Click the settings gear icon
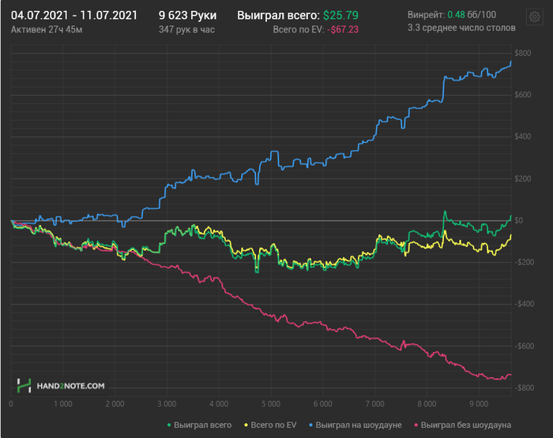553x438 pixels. pyautogui.click(x=534, y=17)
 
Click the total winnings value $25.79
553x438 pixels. pyautogui.click(x=340, y=16)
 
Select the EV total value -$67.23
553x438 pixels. pyautogui.click(x=343, y=30)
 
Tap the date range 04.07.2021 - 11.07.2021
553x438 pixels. pyautogui.click(x=74, y=16)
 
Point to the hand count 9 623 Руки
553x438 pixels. pyautogui.click(x=188, y=16)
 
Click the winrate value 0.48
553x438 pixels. pyautogui.click(x=456, y=15)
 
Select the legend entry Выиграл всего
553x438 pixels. pyautogui.click(x=200, y=425)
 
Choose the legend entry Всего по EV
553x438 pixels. pyautogui.click(x=270, y=425)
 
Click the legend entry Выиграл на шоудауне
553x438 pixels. pyautogui.click(x=355, y=425)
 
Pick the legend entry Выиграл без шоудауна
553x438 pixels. pyautogui.click(x=463, y=425)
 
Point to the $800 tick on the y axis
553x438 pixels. pyautogui.click(x=523, y=53)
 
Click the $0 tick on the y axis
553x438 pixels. pyautogui.click(x=519, y=221)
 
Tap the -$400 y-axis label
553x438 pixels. pyautogui.click(x=524, y=304)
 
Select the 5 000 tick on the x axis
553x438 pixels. pyautogui.click(x=271, y=404)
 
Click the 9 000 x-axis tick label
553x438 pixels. pyautogui.click(x=479, y=404)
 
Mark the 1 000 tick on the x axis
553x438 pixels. pyautogui.click(x=62, y=404)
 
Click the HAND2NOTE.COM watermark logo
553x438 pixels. pyautogui.click(x=61, y=386)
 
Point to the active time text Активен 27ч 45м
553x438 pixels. pyautogui.click(x=47, y=30)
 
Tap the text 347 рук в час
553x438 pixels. pyautogui.click(x=186, y=30)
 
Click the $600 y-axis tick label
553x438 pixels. pyautogui.click(x=523, y=95)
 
